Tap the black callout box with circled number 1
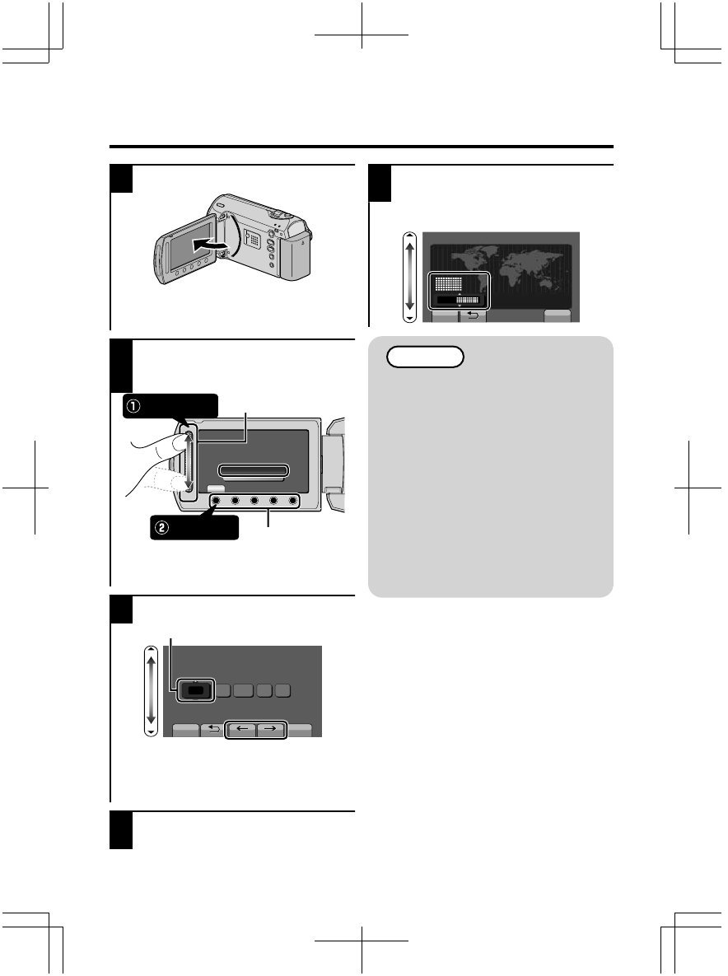[x=171, y=407]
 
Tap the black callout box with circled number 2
[x=194, y=527]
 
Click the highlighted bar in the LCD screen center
[x=254, y=471]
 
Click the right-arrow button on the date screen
[x=271, y=728]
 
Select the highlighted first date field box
[x=194, y=691]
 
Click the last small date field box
[x=282, y=690]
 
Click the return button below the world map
[x=472, y=315]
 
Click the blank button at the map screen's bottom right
[x=561, y=315]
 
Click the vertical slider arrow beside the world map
[x=408, y=277]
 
